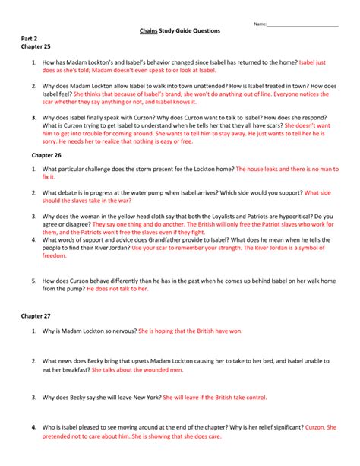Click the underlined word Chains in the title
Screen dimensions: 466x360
149,31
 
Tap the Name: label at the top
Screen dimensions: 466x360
260,24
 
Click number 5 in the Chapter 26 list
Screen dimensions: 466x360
34,281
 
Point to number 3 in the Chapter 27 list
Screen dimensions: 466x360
34,397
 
